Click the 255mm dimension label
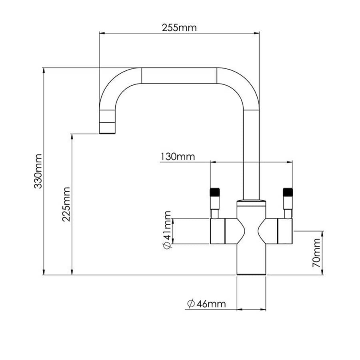pos(179,28)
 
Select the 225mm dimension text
pos(66,204)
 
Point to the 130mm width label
pos(178,156)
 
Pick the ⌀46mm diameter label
pos(206,304)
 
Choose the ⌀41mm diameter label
pos(167,230)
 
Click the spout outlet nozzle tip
pos(107,128)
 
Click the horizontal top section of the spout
pos(179,76)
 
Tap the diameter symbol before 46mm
pos(190,304)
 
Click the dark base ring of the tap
pos(251,274)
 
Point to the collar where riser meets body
pos(251,201)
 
